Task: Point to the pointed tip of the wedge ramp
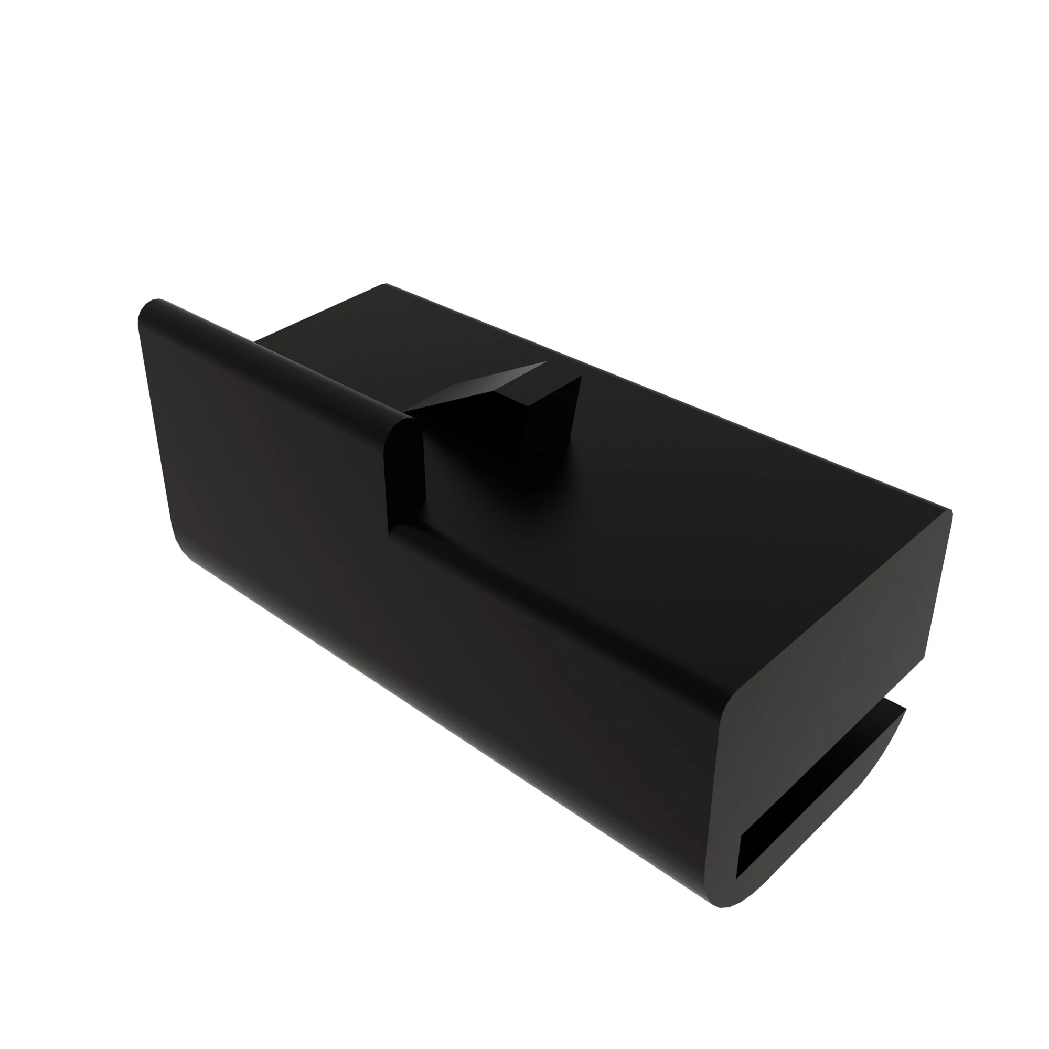(x=544, y=362)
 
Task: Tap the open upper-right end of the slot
(x=891, y=716)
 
